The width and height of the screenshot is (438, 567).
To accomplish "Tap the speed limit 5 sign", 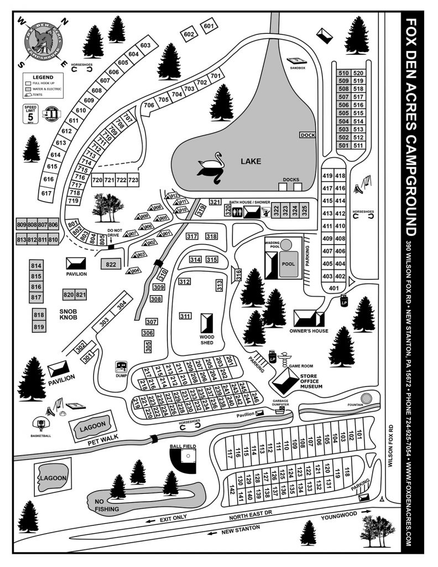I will [x=30, y=114].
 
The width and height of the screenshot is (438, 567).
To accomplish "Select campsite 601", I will [x=208, y=27].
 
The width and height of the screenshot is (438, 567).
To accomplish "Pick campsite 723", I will [x=133, y=181].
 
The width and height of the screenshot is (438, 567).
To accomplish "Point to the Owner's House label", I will [x=309, y=331].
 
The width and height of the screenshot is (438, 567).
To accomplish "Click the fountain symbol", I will [x=366, y=399].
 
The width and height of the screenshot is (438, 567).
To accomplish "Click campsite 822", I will [x=111, y=265].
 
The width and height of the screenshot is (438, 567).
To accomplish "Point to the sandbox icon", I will [x=296, y=60].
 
